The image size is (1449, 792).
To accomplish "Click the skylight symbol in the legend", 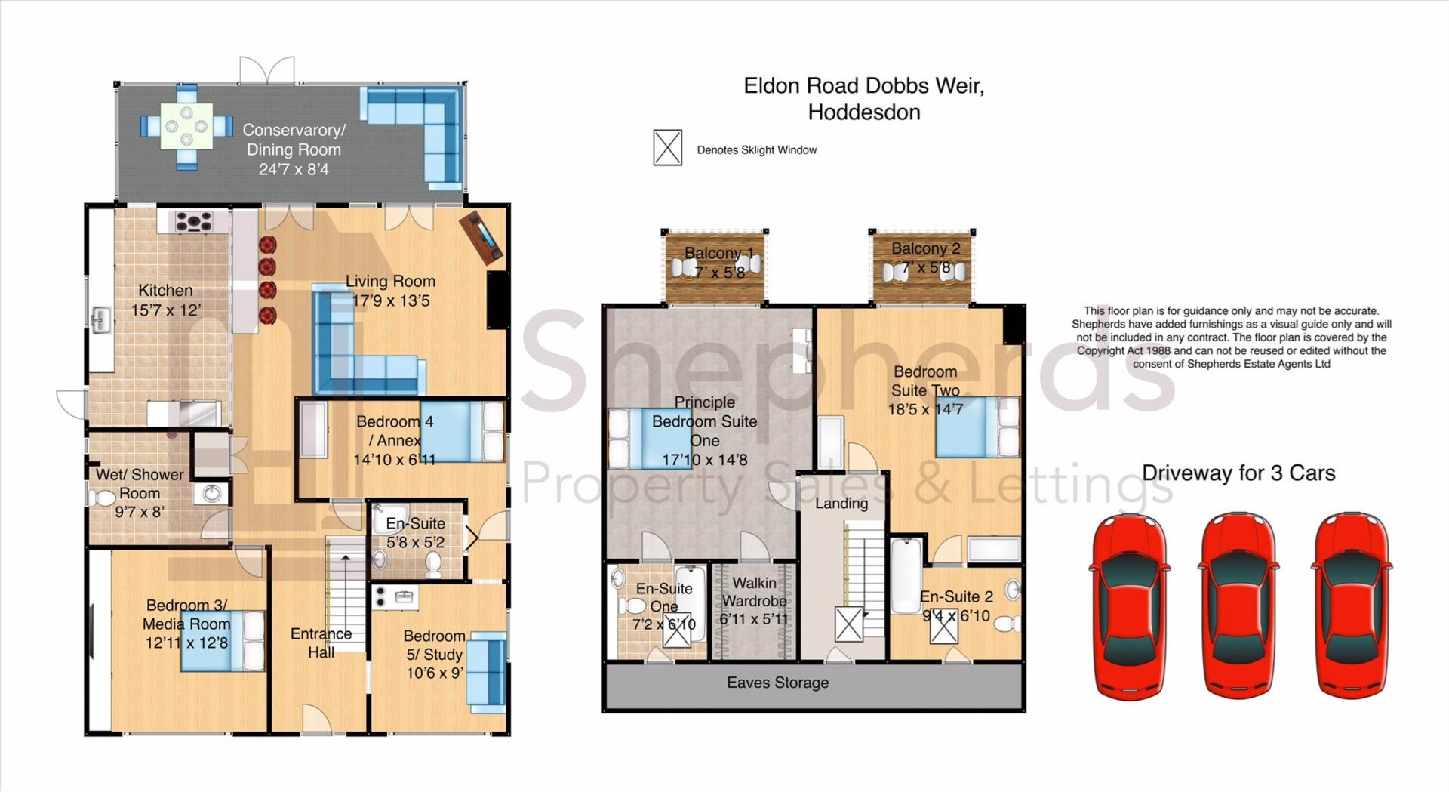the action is click(667, 147).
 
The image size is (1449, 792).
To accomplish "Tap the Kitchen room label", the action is click(165, 291).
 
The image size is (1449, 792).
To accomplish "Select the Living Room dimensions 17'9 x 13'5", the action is click(391, 300).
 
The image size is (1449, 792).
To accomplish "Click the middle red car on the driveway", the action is click(1238, 605).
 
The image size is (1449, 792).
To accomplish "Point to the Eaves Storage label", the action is click(778, 683).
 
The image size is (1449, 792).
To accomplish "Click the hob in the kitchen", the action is click(194, 221).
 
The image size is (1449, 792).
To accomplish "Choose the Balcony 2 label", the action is click(925, 248).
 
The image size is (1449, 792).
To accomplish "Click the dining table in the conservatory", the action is click(186, 126).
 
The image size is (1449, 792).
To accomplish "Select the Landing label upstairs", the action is click(841, 504).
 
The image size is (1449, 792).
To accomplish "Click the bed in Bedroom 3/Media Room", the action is click(223, 641).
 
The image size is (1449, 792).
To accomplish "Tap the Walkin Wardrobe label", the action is click(755, 592).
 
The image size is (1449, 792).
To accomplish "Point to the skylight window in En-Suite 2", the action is click(943, 625).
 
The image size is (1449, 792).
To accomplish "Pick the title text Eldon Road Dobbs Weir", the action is click(864, 85).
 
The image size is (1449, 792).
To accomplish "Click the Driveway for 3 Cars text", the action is click(1238, 473).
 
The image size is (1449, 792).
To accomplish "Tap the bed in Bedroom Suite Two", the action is click(977, 427).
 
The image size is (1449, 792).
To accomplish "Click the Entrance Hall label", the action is click(321, 643).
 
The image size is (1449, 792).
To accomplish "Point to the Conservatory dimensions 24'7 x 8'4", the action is click(294, 169).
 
